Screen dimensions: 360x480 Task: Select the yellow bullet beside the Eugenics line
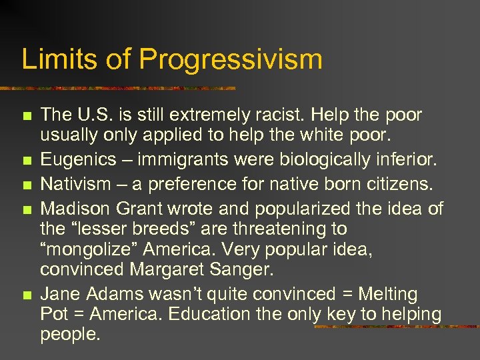coord(26,161)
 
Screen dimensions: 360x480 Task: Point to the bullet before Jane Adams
coord(26,295)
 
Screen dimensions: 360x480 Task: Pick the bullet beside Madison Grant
coord(26,209)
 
